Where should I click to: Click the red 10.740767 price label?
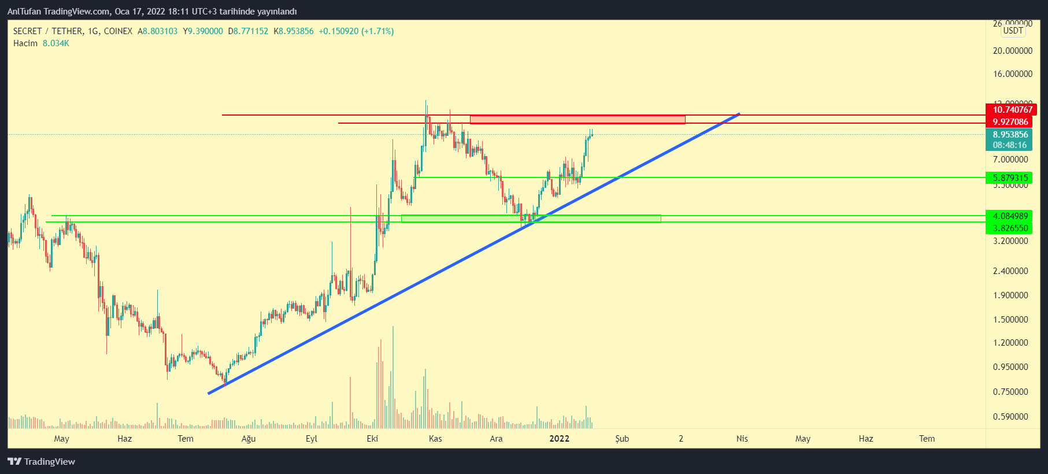(1012, 110)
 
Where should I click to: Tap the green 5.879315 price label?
(1010, 178)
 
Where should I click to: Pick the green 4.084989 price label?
(1010, 216)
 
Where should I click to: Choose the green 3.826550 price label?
(1010, 228)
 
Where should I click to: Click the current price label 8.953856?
(1010, 135)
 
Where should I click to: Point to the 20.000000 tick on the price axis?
(1012, 51)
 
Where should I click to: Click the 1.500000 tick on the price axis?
(1010, 320)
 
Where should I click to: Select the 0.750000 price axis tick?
(1010, 392)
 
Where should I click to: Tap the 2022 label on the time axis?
(559, 439)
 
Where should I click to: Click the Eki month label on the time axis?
(372, 439)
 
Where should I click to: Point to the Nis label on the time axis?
(742, 439)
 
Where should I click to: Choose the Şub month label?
(622, 439)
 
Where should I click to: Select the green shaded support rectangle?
(531, 219)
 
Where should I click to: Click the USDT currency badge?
(1013, 31)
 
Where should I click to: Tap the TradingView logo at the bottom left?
(42, 461)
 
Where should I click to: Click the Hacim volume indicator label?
(25, 43)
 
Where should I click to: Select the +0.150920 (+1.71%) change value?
(356, 31)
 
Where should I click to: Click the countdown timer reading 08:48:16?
(1010, 145)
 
